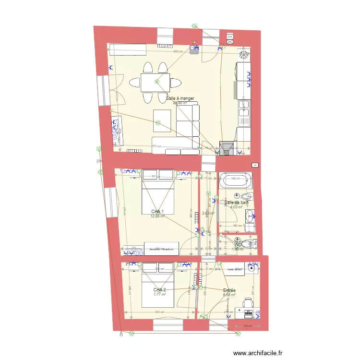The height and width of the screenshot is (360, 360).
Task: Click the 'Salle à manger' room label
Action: click(180, 98)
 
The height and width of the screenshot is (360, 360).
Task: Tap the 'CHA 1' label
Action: click(157, 212)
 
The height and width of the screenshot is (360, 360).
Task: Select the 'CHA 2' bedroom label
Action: click(159, 290)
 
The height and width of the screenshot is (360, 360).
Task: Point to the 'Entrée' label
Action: click(229, 290)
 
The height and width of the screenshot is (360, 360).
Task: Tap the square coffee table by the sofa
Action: click(162, 120)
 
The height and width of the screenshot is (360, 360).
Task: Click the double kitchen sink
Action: click(244, 113)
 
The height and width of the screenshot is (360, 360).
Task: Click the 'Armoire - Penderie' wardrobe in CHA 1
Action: click(161, 249)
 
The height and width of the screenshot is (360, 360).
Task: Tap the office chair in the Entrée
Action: click(247, 303)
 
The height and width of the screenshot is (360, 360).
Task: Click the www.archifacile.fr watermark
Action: click(264, 353)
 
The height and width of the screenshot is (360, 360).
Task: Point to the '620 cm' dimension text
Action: click(178, 51)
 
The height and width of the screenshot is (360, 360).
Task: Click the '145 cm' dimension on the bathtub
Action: click(235, 179)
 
